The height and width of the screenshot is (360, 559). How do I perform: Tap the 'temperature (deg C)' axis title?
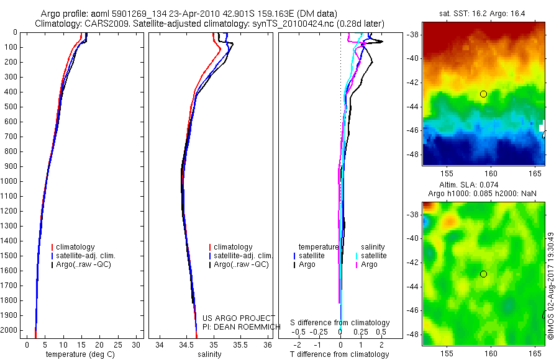click(78, 354)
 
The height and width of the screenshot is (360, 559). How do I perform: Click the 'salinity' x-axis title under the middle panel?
click(209, 354)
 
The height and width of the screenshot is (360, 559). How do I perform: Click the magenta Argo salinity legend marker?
click(356, 264)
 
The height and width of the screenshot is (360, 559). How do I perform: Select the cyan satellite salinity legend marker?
click(356, 256)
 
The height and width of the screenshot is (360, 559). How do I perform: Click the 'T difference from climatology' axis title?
click(339, 354)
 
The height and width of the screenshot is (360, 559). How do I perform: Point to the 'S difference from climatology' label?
click(340, 323)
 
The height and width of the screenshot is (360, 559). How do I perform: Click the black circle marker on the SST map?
click(483, 94)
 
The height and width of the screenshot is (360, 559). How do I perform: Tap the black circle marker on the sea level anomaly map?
click(483, 274)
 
